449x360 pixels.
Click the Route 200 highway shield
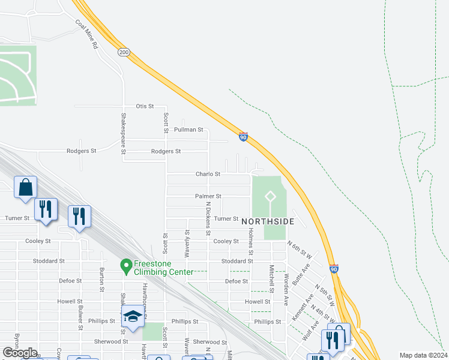124,52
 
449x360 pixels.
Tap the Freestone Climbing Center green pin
126,265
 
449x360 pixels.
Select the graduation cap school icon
133,317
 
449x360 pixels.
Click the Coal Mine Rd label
86,34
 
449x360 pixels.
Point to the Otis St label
145,106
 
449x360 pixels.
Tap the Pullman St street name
188,130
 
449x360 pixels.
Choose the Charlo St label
208,174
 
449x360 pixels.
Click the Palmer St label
208,196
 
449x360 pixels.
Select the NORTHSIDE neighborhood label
268,221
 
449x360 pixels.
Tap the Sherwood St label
111,341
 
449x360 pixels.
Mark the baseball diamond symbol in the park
270,196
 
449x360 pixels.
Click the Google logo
20,353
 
